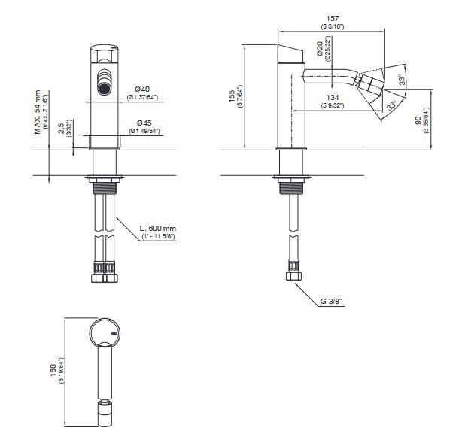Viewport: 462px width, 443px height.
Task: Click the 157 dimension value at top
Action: (333, 19)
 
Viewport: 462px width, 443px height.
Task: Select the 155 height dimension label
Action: (232, 96)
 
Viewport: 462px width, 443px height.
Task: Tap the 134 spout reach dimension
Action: (333, 98)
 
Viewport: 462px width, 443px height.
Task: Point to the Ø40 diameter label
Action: (142, 89)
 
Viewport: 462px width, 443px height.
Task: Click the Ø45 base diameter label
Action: (144, 123)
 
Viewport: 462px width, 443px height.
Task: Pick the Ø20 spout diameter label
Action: (319, 49)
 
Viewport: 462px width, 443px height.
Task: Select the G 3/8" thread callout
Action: (333, 301)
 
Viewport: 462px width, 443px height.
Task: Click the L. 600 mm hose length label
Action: (157, 229)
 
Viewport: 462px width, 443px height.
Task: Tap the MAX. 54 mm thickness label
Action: (38, 112)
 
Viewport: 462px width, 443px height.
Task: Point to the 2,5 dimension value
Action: (61, 129)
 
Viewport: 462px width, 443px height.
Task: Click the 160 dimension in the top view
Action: (53, 370)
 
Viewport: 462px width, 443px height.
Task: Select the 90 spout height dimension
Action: (418, 120)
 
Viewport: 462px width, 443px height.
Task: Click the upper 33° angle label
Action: (403, 80)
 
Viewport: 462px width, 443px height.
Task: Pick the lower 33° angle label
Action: (391, 105)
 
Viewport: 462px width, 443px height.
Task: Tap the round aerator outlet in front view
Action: (104, 88)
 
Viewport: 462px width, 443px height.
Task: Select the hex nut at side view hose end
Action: (293, 276)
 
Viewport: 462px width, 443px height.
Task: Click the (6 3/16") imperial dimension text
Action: (333, 26)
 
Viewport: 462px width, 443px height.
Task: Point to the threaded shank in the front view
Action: (105, 188)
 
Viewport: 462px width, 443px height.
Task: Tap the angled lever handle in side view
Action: (290, 54)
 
